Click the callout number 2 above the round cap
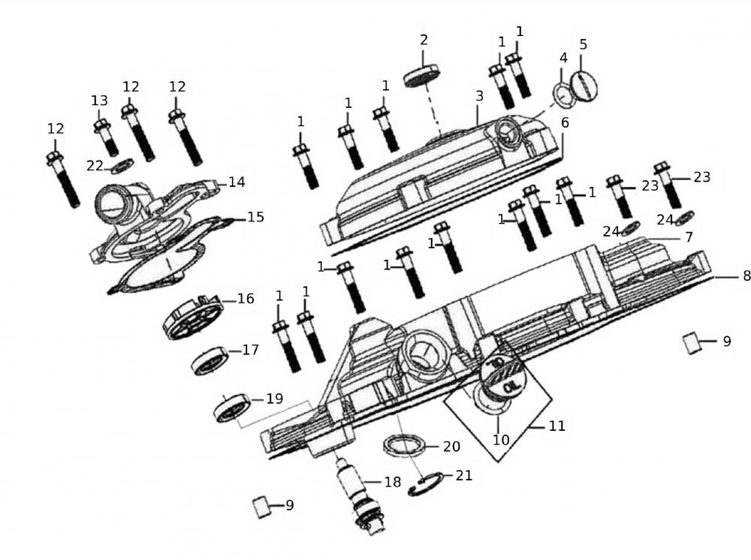[x=424, y=40]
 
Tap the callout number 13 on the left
[x=99, y=101]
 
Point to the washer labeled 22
[x=122, y=165]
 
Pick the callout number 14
[x=237, y=182]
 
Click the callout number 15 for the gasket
[x=255, y=217]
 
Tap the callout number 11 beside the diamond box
[x=556, y=426]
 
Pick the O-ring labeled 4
[x=562, y=95]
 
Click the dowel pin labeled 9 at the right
[x=692, y=343]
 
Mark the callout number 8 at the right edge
[x=746, y=276]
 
